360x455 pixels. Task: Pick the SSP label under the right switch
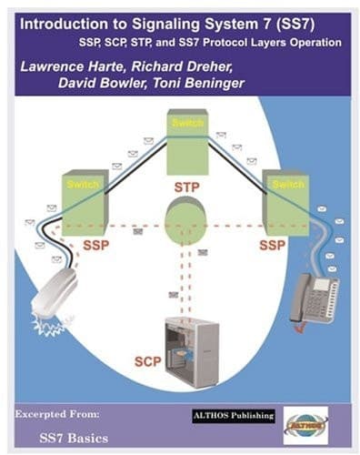tap(273, 246)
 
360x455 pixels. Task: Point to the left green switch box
tap(84, 199)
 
